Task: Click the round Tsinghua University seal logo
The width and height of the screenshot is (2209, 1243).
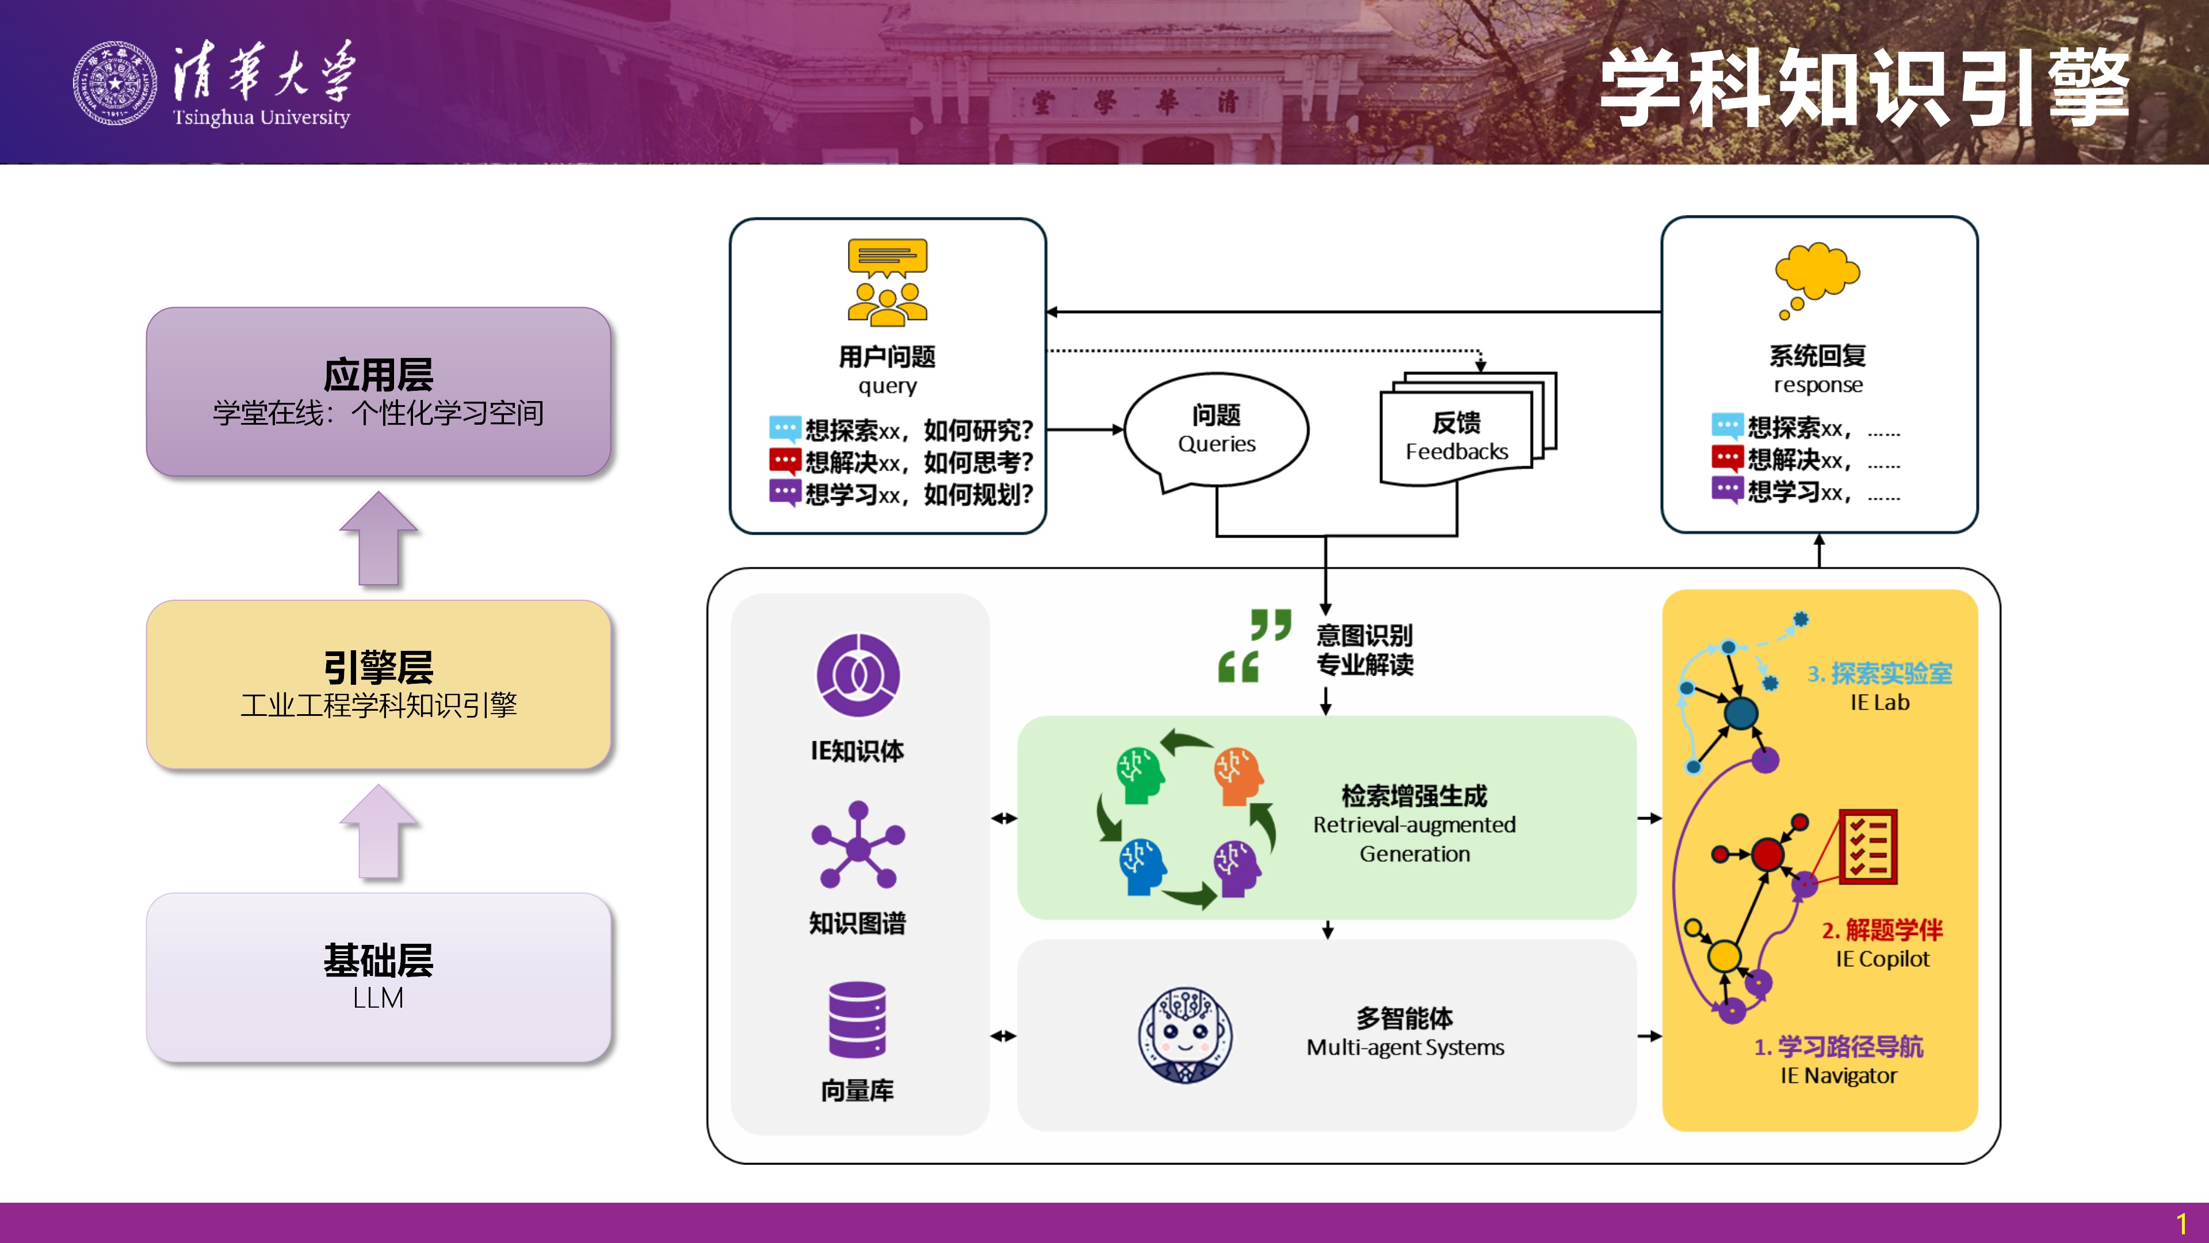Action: click(115, 83)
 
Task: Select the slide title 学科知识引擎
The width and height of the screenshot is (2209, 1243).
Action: click(1864, 87)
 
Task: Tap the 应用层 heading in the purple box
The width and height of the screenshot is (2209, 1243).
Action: click(378, 374)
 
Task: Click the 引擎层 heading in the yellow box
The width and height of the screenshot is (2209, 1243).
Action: click(378, 666)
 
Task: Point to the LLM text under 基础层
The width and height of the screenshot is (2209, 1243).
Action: click(378, 998)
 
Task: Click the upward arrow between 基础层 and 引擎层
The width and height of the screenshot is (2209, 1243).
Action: click(378, 831)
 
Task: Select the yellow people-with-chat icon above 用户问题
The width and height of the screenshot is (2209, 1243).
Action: click(888, 282)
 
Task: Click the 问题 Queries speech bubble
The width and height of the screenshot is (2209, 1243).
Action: click(1216, 432)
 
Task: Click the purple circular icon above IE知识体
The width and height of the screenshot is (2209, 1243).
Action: click(858, 675)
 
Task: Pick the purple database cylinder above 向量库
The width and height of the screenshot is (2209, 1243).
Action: click(858, 1020)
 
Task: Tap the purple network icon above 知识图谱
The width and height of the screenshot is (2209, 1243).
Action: click(858, 845)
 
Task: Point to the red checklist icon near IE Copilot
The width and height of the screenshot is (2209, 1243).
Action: click(1868, 846)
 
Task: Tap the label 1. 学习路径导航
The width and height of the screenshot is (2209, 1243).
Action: click(1839, 1047)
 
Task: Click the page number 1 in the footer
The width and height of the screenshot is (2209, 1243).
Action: click(2181, 1223)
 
